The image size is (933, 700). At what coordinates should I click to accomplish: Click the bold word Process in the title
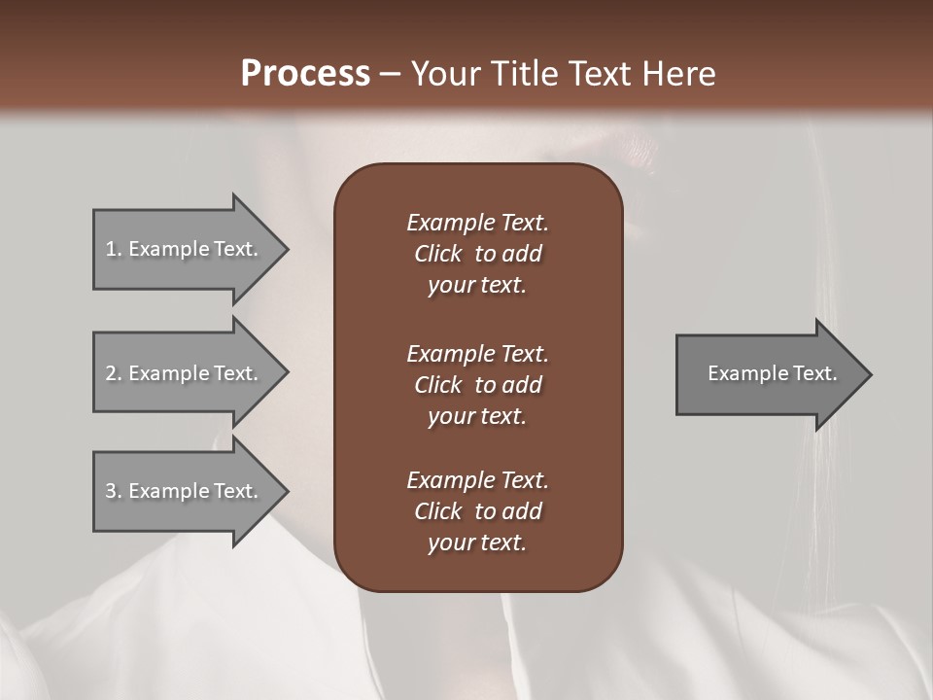(x=305, y=74)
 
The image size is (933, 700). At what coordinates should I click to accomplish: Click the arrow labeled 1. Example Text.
(x=185, y=249)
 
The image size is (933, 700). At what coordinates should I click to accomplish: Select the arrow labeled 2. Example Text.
(x=185, y=373)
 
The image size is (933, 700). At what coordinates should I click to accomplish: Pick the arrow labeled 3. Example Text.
(x=185, y=491)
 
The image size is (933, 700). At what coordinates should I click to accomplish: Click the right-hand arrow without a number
(x=768, y=373)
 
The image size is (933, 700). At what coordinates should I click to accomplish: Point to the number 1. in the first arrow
(x=113, y=249)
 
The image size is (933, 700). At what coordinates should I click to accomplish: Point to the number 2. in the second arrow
(x=113, y=373)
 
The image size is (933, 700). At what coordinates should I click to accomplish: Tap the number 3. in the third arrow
(x=113, y=491)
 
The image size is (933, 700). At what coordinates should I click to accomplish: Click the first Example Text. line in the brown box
(x=477, y=223)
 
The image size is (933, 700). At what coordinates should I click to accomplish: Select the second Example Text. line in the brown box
(x=477, y=353)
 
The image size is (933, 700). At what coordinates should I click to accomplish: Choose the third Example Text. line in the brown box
(x=477, y=480)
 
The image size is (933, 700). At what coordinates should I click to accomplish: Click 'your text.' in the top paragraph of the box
(x=476, y=286)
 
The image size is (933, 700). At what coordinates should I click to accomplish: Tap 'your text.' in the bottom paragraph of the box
(x=476, y=543)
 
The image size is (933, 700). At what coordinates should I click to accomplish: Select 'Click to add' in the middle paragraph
(x=477, y=385)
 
